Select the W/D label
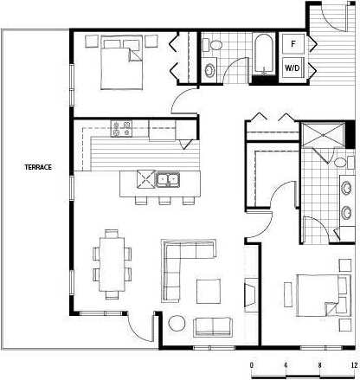point(292,66)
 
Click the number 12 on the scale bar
point(353,365)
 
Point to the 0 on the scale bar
point(252,365)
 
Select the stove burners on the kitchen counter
point(121,129)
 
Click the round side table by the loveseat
point(177,325)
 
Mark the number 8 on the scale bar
point(319,365)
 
